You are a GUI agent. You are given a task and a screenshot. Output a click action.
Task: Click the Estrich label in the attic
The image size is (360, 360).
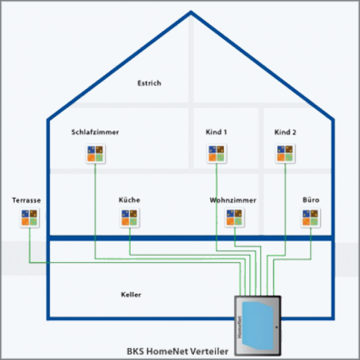[x=149, y=83]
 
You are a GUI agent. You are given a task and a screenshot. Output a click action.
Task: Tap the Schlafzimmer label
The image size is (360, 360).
[x=95, y=133]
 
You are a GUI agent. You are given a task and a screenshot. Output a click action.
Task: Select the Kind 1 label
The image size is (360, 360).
[x=217, y=133]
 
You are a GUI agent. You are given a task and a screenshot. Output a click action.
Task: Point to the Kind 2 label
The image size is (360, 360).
[x=285, y=133]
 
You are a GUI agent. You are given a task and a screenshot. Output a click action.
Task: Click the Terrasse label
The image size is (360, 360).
[x=26, y=200]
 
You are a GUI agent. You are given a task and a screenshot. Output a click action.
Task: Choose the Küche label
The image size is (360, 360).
[x=129, y=200]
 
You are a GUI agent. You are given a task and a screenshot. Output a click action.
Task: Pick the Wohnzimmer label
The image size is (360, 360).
[x=233, y=200]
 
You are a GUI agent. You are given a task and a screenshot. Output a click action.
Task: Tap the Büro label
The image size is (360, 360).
[x=310, y=200]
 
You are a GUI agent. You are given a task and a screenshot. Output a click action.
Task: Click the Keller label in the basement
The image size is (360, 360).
[x=131, y=295]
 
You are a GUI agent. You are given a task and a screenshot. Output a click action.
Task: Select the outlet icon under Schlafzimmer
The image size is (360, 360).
[x=95, y=154]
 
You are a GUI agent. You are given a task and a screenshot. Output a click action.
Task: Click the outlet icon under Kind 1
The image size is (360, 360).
[x=217, y=154]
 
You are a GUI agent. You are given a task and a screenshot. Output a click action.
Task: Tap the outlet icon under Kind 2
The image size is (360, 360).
[x=285, y=154]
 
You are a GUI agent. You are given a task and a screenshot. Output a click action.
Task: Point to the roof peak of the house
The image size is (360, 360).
[x=191, y=12]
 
